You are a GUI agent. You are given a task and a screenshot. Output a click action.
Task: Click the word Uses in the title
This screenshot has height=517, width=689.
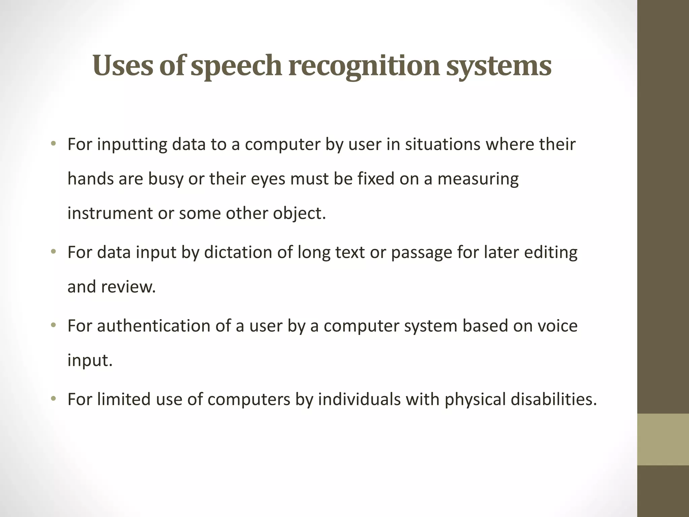(x=121, y=65)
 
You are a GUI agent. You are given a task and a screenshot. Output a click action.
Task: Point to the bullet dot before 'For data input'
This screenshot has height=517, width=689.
(x=53, y=252)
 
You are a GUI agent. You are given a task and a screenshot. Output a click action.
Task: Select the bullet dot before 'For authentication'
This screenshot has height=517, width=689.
(x=53, y=325)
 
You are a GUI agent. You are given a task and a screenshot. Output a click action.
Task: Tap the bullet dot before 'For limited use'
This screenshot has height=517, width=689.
(x=53, y=399)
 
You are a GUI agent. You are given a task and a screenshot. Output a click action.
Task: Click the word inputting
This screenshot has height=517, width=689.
(x=132, y=144)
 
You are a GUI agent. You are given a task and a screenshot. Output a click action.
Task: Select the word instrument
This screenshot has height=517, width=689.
(x=110, y=213)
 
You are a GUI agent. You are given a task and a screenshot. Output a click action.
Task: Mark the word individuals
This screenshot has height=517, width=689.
(x=359, y=399)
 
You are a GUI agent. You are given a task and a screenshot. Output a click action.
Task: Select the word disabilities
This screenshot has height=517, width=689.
(x=553, y=399)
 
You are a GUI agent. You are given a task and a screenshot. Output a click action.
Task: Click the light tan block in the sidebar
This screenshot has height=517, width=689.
(x=663, y=439)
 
